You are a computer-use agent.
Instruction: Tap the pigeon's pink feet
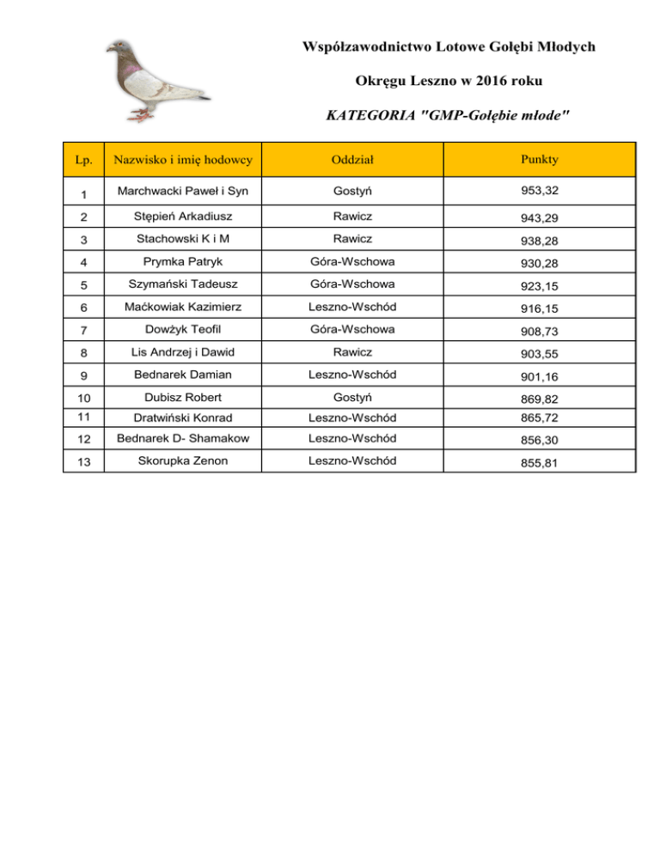click(141, 113)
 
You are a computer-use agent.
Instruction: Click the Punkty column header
click(539, 159)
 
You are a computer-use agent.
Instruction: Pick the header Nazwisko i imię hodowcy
click(181, 159)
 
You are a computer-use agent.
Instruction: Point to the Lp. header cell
click(83, 159)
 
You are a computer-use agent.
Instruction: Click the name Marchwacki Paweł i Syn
click(181, 190)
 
